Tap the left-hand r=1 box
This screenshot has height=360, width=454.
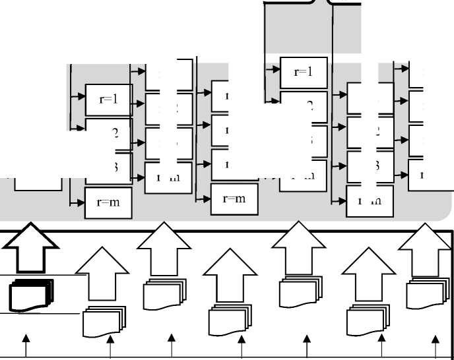(109, 100)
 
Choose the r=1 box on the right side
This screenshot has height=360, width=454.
(303, 73)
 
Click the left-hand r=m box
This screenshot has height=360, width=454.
(108, 202)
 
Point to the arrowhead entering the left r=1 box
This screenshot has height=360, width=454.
(82, 96)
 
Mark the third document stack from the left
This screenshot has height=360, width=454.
(165, 294)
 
